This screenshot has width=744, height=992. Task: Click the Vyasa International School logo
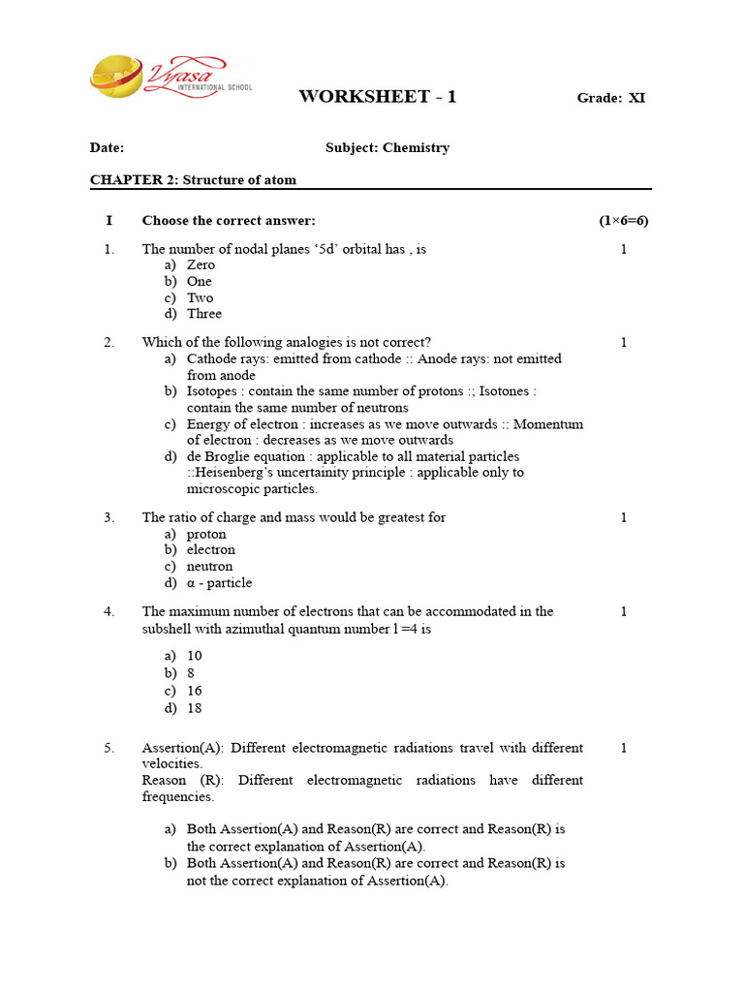point(170,77)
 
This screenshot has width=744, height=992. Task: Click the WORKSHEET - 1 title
point(377,96)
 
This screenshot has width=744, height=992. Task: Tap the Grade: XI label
point(610,98)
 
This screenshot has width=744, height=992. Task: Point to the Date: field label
point(107,148)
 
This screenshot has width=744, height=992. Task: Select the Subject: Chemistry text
point(387,148)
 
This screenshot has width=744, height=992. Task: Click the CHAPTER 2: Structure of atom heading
point(193,180)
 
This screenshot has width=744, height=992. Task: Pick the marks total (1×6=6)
point(623,221)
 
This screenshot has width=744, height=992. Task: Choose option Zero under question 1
point(201,265)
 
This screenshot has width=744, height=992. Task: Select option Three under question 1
point(204,314)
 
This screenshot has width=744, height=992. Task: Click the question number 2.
point(109,342)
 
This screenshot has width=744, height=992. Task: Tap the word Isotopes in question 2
point(212,391)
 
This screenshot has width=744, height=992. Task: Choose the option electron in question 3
point(210,550)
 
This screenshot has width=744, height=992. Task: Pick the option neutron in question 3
point(209,567)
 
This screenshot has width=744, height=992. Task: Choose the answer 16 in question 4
point(195,691)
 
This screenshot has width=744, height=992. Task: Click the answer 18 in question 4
point(195,708)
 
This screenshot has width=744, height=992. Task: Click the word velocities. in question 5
point(172,764)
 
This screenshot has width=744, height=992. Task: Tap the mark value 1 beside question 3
point(623,517)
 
